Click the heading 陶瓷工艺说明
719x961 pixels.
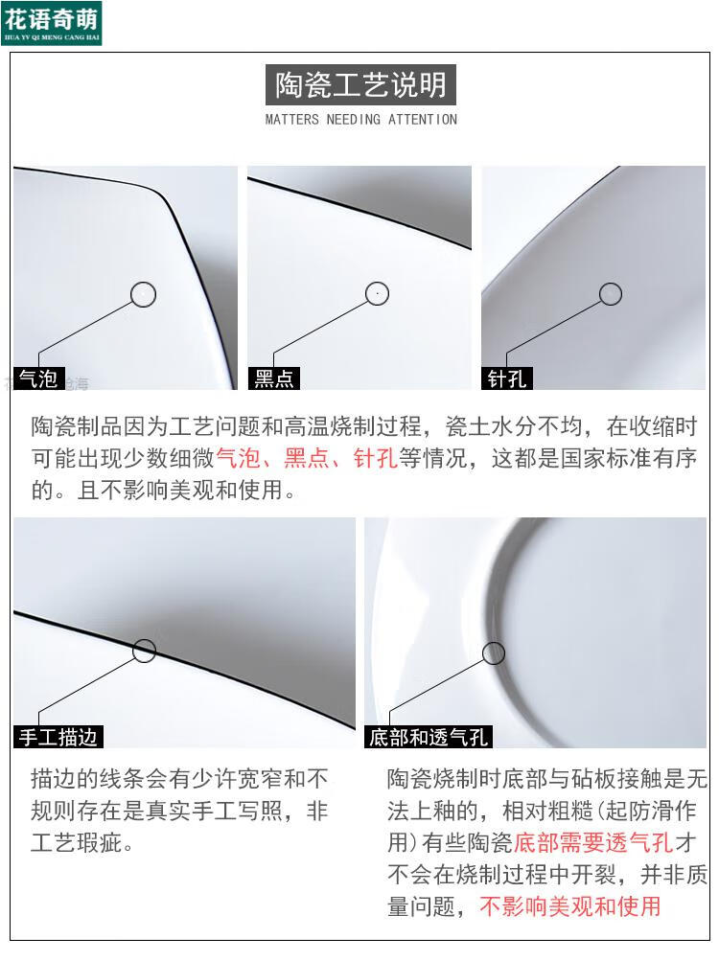360,85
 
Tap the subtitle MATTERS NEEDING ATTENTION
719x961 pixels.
360,120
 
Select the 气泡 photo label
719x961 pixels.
38,379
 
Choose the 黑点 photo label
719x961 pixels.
273,379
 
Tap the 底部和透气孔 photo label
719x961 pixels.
429,737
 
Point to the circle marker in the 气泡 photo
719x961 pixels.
143,294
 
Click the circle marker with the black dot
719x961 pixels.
378,293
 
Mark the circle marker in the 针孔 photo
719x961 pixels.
611,294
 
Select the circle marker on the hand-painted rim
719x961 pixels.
144,652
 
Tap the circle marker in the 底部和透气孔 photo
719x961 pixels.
494,653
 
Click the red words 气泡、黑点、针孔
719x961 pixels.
307,458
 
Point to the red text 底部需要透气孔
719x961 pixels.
592,843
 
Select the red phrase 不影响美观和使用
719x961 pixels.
570,905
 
